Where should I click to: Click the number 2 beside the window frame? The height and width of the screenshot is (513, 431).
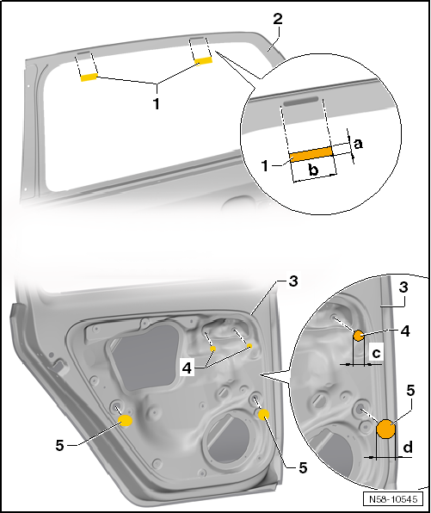tap(277, 19)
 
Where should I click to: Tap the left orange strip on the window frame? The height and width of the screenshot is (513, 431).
tap(89, 77)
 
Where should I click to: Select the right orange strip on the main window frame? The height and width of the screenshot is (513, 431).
tap(203, 61)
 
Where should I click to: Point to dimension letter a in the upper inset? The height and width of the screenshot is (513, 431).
tap(359, 144)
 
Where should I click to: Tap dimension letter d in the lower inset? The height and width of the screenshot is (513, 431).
tap(408, 447)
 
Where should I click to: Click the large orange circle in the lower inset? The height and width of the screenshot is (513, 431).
tap(385, 428)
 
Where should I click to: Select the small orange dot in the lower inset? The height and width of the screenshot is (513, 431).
tap(358, 336)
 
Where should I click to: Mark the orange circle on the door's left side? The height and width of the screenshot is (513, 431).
tap(125, 420)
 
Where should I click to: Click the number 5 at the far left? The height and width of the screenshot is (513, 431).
tap(60, 444)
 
